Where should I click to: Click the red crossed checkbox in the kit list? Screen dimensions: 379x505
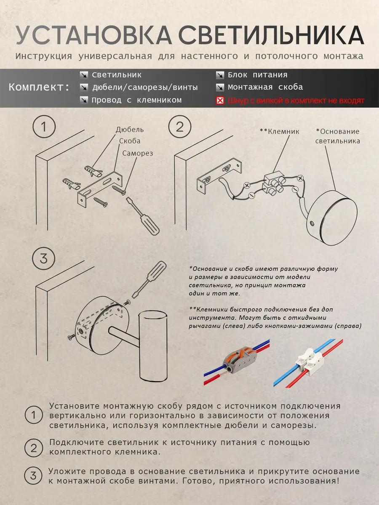click(220, 101)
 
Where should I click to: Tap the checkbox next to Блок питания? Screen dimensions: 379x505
click(220, 75)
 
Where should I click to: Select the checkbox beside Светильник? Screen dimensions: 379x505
click(84, 75)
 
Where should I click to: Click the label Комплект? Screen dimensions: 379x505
click(39, 87)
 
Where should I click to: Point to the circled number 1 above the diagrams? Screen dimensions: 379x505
click(44, 127)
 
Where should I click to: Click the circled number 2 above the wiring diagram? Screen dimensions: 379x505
click(180, 127)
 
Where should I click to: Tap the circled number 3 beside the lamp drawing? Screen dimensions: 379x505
click(43, 258)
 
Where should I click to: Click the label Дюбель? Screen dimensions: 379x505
click(130, 130)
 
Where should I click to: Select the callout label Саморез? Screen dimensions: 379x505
click(138, 153)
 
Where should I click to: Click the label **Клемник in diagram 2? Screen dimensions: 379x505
click(279, 131)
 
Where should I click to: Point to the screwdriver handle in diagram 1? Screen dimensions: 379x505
click(149, 223)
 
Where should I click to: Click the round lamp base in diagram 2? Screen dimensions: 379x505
click(332, 218)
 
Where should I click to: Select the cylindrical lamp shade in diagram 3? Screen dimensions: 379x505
click(153, 346)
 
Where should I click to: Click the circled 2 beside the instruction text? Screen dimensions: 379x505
click(34, 448)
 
